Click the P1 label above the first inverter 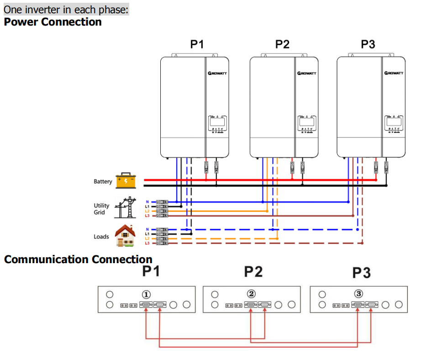point(197,44)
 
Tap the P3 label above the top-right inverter point(368,44)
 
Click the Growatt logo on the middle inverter point(306,73)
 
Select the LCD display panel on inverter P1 point(218,122)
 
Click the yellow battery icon point(126,180)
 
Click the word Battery point(103,181)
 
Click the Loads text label point(101,237)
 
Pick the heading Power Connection point(53,22)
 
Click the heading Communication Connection point(78,259)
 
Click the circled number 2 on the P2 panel point(251,294)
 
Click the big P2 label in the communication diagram point(253,272)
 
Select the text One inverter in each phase point(66,10)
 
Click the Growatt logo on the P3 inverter point(394,73)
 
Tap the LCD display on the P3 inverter point(393,122)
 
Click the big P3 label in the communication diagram point(361,273)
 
